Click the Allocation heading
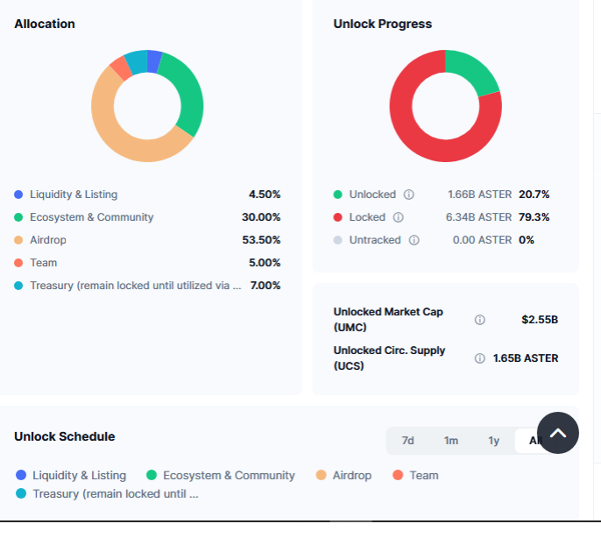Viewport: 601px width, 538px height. [45, 24]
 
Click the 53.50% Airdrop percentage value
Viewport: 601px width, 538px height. [261, 240]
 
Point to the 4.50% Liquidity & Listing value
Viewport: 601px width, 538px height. [265, 195]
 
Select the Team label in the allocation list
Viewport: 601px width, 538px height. [43, 263]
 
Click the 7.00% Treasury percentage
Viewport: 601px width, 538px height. [265, 286]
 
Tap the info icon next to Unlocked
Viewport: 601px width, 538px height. [408, 195]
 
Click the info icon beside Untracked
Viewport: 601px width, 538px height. [414, 240]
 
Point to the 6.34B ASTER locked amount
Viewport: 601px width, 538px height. [479, 217]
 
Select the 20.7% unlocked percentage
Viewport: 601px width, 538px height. [534, 195]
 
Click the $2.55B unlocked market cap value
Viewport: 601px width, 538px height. [540, 320]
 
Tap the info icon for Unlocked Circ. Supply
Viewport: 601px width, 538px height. [479, 358]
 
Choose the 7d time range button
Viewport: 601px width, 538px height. [407, 441]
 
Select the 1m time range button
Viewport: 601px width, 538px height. [451, 441]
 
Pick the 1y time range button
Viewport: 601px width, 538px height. [494, 441]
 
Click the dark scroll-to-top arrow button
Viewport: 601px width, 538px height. [558, 433]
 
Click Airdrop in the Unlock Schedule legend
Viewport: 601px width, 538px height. [352, 475]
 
